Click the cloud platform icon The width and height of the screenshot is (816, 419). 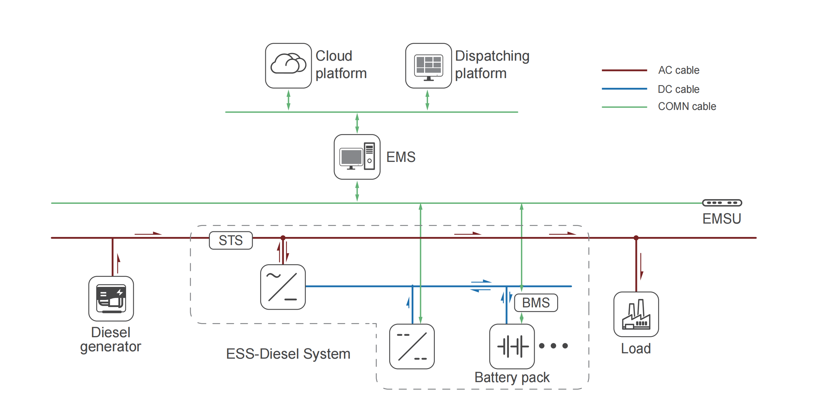point(288,66)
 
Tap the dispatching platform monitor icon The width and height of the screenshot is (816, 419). point(428,66)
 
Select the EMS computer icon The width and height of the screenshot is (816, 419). point(357,157)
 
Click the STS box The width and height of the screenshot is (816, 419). point(231,240)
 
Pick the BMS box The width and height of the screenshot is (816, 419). point(536,303)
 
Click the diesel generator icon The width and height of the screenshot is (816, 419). point(111,298)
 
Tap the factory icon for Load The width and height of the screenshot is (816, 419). point(636,314)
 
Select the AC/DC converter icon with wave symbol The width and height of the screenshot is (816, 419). point(283,287)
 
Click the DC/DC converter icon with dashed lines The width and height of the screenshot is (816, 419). point(412,346)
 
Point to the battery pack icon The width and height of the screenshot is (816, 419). point(512,346)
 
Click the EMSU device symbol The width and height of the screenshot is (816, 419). point(722,203)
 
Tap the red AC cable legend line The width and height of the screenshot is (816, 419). point(624,70)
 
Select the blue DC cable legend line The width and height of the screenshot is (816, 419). point(624,89)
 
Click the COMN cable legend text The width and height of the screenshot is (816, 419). point(687,106)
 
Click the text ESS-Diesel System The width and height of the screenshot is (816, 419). point(288,354)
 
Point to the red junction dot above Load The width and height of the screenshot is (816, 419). point(636,238)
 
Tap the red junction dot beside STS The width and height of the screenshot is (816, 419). point(283,238)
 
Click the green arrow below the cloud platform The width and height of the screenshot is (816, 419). point(288,100)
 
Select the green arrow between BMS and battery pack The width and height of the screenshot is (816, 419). point(522,318)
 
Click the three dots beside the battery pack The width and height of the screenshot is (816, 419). point(553,346)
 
